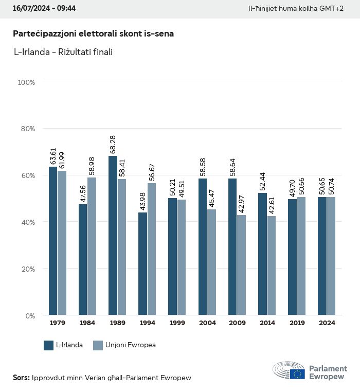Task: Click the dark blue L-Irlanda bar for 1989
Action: [x=113, y=235]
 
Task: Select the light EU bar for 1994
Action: [x=151, y=249]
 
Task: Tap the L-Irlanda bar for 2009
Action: [x=232, y=246]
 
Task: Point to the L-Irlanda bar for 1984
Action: [x=83, y=259]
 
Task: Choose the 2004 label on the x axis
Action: [x=207, y=323]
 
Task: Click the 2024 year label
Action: [x=327, y=323]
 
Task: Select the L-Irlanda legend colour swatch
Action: [x=49, y=345]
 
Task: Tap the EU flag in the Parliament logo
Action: [x=297, y=374]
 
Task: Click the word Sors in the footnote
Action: [x=21, y=378]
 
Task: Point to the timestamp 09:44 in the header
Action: [x=66, y=9]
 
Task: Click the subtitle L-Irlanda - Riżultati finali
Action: [x=63, y=52]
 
